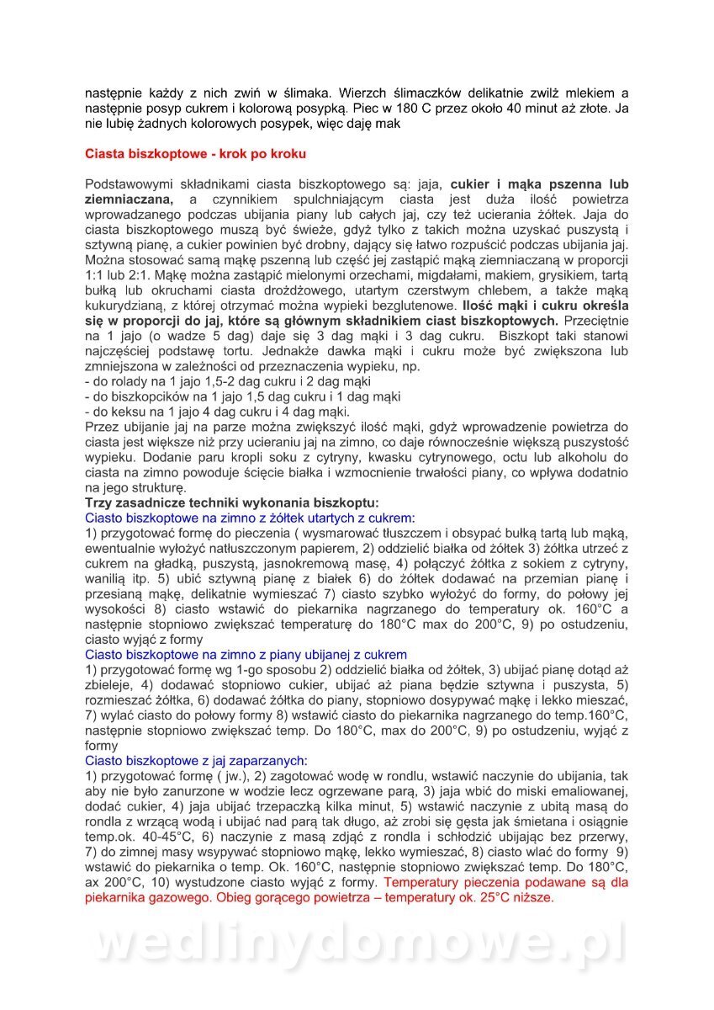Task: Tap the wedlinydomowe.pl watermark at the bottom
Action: pyautogui.click(x=357, y=942)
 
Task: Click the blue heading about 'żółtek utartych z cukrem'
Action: pyautogui.click(x=251, y=518)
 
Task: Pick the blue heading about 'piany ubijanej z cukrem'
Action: pyautogui.click(x=246, y=654)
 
